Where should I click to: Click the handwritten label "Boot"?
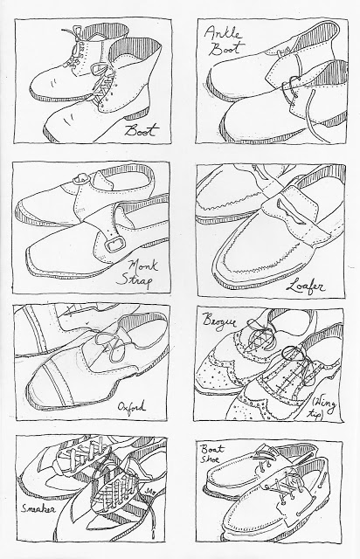pyautogui.click(x=141, y=130)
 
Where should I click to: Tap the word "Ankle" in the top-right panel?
pyautogui.click(x=223, y=33)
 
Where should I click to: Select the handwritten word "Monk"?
pyautogui.click(x=143, y=266)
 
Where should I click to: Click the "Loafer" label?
pyautogui.click(x=305, y=286)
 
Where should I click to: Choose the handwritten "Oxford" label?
pyautogui.click(x=131, y=407)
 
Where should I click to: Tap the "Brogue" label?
pyautogui.click(x=219, y=320)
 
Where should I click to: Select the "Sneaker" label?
pyautogui.click(x=39, y=507)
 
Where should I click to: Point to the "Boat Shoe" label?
pyautogui.click(x=212, y=453)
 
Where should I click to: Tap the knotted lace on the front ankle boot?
pyautogui.click(x=289, y=88)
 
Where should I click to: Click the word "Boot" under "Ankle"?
pyautogui.click(x=226, y=48)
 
